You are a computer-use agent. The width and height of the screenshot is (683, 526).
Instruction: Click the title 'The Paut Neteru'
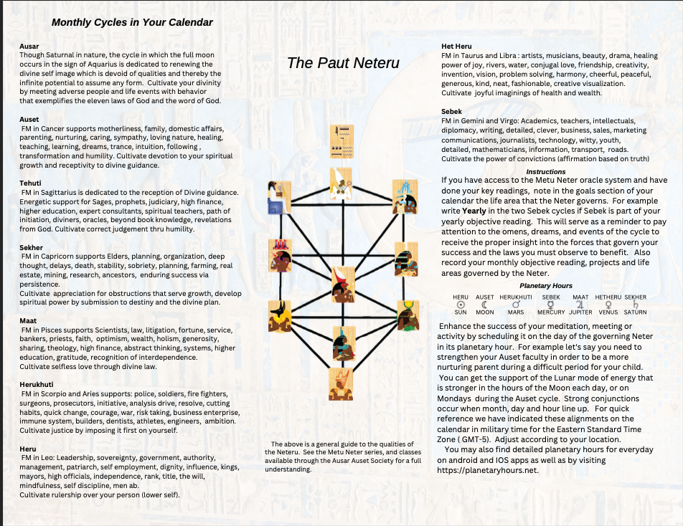pos(343,62)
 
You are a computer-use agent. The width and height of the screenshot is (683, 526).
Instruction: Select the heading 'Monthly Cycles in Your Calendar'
pos(132,22)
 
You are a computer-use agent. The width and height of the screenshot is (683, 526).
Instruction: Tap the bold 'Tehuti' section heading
pos(32,183)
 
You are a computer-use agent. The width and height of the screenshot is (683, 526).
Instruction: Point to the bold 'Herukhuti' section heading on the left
pos(38,385)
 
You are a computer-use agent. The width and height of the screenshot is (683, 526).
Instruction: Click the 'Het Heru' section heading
pos(456,47)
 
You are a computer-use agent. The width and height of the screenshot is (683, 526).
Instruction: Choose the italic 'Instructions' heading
pos(546,172)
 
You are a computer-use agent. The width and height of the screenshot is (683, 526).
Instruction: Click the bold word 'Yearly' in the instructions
pos(474,211)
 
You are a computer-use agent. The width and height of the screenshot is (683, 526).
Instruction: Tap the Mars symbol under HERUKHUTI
pos(516,305)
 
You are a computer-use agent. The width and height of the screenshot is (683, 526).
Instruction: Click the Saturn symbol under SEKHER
pos(636,305)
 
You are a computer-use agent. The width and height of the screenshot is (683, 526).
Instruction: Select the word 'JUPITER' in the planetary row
pos(580,312)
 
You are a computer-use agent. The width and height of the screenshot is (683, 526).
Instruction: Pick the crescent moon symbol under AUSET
pos(485,305)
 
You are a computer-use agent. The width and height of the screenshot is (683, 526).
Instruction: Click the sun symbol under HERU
pos(461,305)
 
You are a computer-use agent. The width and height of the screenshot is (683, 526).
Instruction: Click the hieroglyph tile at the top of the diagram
pos(341,141)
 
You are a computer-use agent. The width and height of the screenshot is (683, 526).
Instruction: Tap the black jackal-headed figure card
pos(278,315)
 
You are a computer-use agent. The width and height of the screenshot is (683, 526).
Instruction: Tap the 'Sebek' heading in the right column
pos(452,112)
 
